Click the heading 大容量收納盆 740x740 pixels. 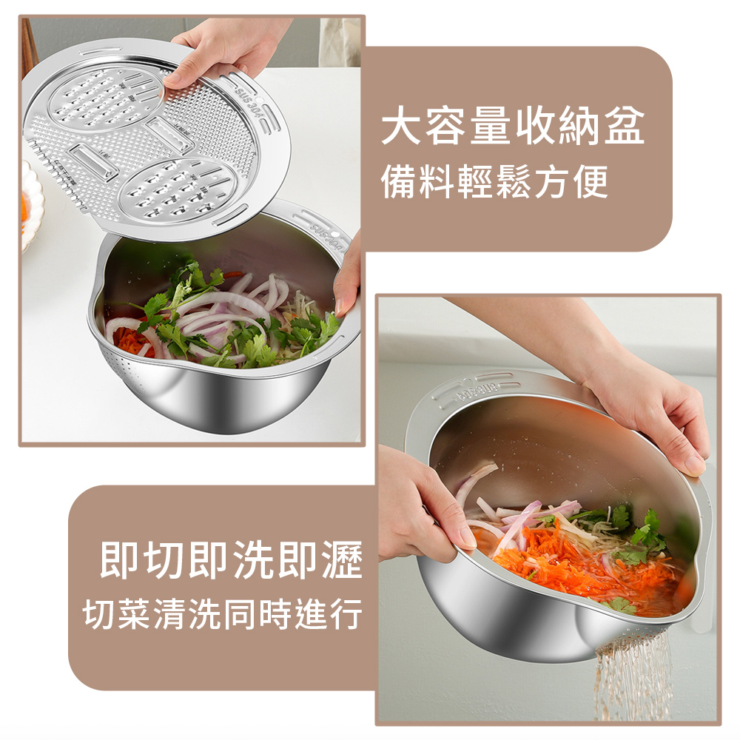pyautogui.click(x=513, y=127)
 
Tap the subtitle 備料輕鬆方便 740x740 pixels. pyautogui.click(x=494, y=181)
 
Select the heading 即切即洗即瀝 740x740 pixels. pyautogui.click(x=231, y=561)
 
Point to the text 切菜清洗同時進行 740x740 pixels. pyautogui.click(x=223, y=613)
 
